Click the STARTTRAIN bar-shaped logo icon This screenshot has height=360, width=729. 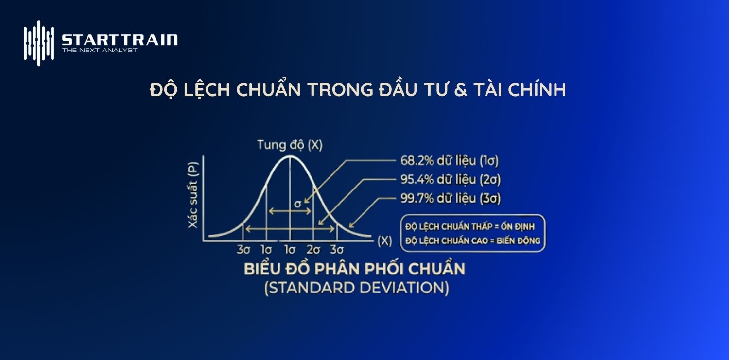(38, 43)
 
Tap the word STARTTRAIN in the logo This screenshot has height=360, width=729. (120, 40)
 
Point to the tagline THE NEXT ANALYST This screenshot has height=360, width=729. (100, 50)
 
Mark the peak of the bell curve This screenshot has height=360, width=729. (290, 156)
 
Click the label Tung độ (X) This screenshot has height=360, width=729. (290, 145)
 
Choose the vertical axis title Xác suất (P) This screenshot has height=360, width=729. (193, 194)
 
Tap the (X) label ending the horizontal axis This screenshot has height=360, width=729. (384, 240)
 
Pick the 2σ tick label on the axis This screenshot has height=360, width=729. (313, 250)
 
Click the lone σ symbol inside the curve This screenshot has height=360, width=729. (298, 204)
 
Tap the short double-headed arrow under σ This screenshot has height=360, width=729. (291, 211)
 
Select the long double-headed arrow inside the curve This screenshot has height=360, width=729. (290, 228)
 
